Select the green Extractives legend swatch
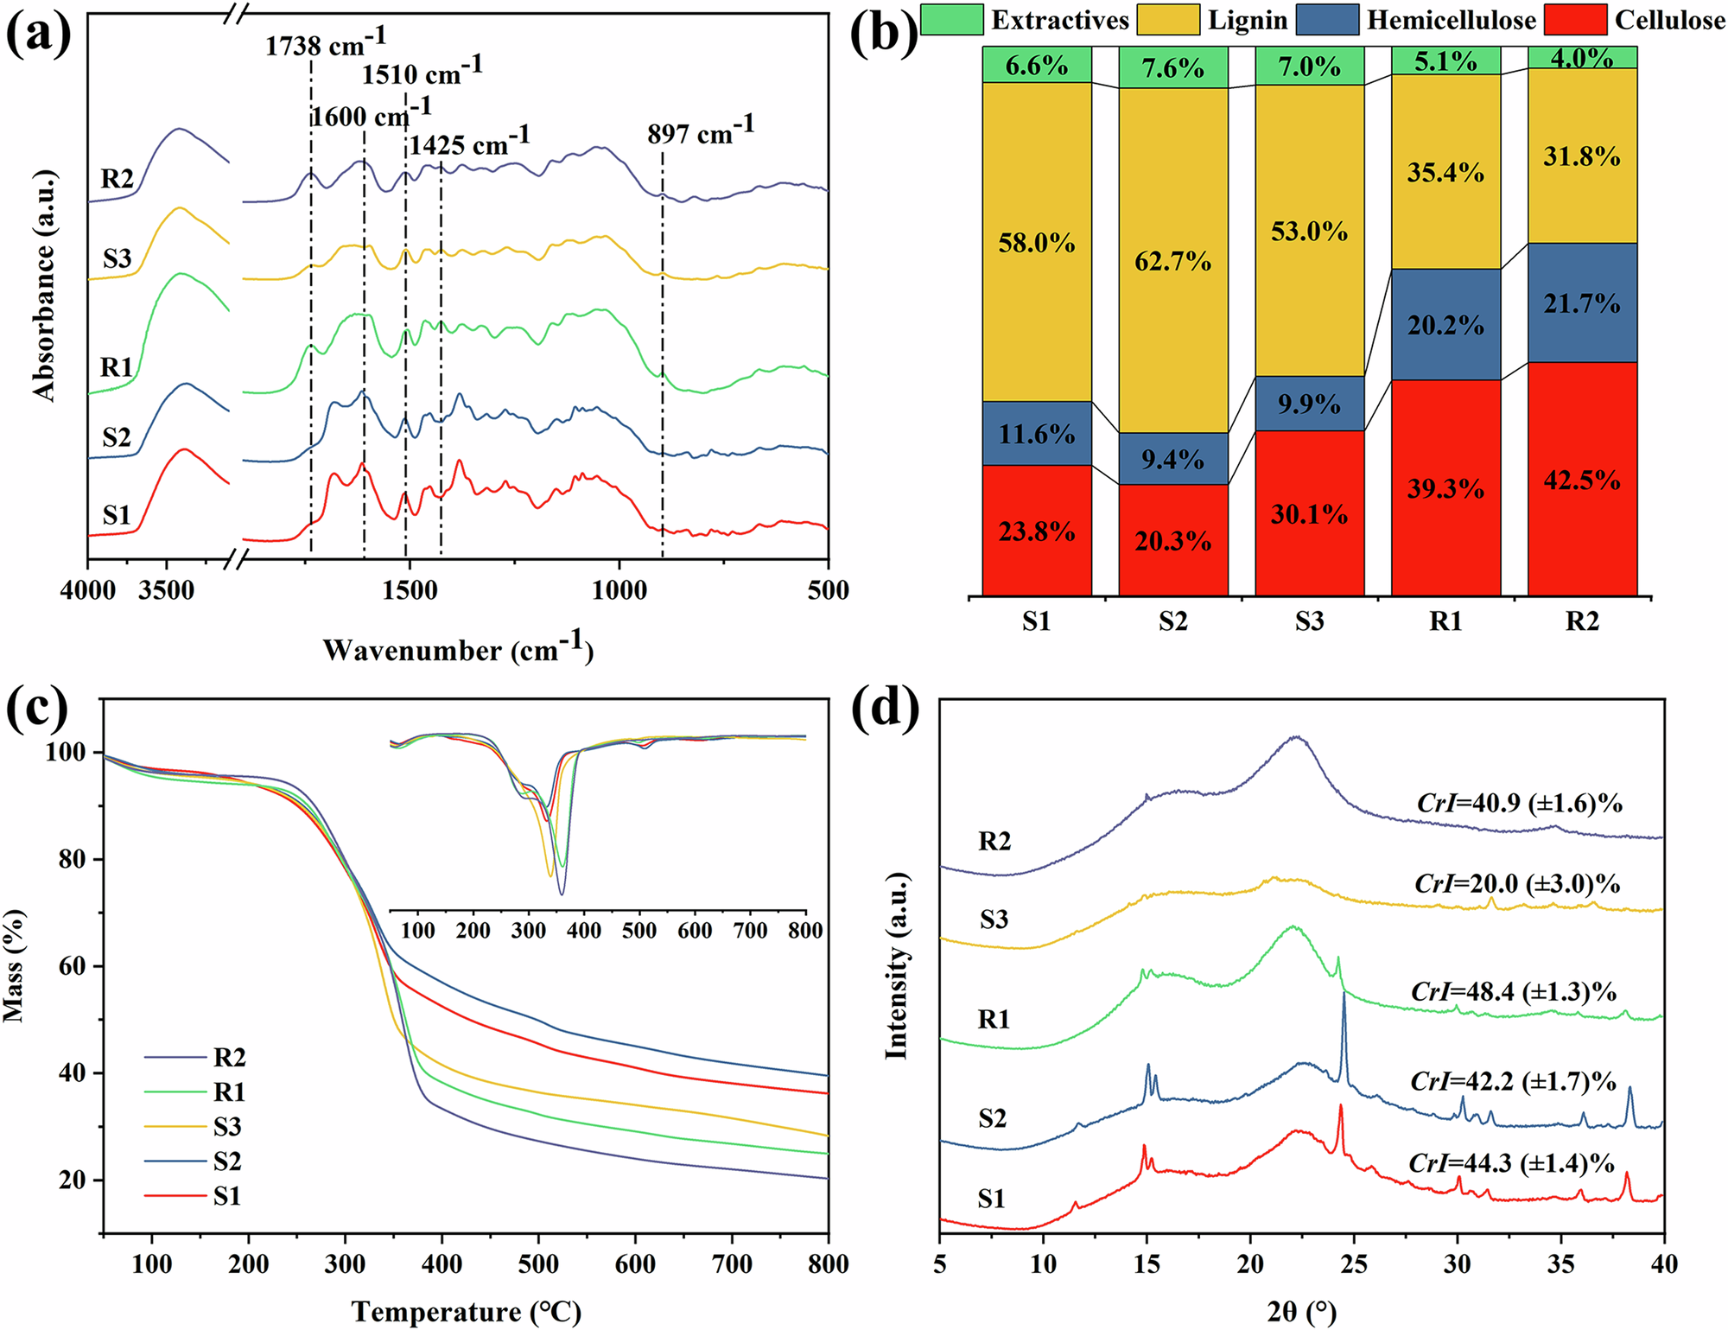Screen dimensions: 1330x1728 [951, 20]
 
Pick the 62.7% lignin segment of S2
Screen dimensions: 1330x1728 [1172, 261]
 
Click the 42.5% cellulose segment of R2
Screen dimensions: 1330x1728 [1582, 480]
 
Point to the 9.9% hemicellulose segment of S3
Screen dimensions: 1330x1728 [1309, 404]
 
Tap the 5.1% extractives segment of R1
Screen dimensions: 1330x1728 [1445, 62]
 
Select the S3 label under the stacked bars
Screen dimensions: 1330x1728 [1309, 621]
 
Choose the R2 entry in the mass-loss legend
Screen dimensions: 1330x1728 [229, 1057]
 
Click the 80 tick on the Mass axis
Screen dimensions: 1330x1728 [73, 859]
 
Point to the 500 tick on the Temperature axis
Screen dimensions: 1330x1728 [538, 1264]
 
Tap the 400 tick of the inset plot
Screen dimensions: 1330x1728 [584, 931]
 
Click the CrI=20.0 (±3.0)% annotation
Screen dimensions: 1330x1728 [1517, 884]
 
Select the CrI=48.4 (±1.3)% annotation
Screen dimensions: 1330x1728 [1514, 991]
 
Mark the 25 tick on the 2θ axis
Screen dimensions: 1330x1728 [1354, 1264]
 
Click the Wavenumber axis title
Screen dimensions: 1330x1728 [458, 649]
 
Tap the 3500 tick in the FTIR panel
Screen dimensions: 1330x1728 [167, 591]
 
